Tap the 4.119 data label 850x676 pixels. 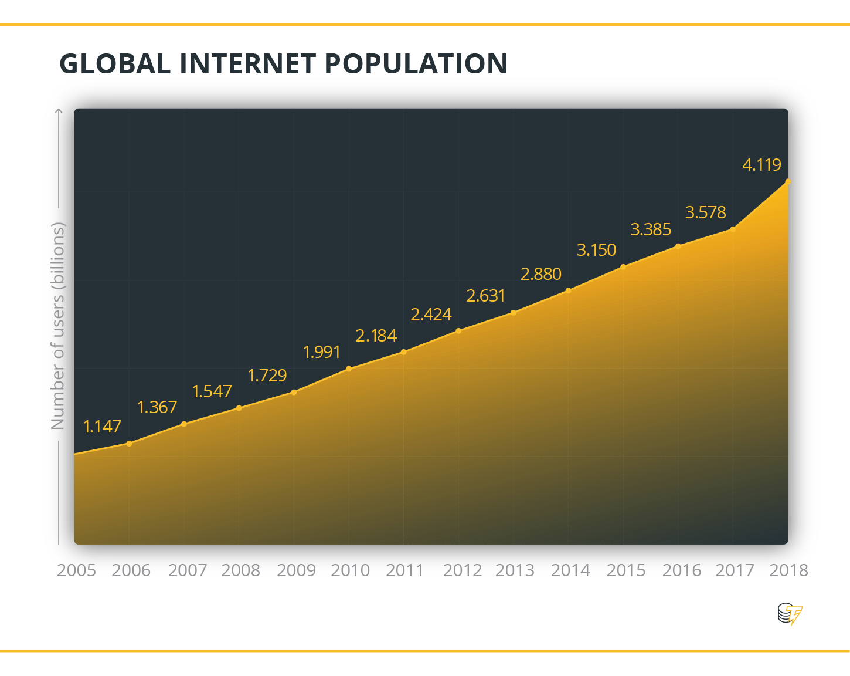pos(761,165)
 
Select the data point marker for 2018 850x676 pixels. pos(788,182)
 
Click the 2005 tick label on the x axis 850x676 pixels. pos(76,570)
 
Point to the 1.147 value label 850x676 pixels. pos(102,427)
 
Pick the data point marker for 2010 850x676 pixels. pos(349,369)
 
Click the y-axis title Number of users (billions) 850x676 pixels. pos(57,326)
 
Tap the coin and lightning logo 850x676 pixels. pos(790,614)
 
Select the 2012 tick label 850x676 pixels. pos(462,570)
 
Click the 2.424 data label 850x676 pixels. pos(431,315)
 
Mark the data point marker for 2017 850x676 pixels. pos(733,229)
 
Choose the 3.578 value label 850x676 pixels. pos(705,212)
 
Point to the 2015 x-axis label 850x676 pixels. pos(626,570)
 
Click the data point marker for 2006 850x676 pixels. pos(130,444)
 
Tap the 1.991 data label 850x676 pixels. pos(322,352)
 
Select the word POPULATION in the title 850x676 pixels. pos(416,64)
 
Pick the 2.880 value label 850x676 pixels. pos(540,274)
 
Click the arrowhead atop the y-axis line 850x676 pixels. pos(59,110)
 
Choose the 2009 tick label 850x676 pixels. pos(296,570)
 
